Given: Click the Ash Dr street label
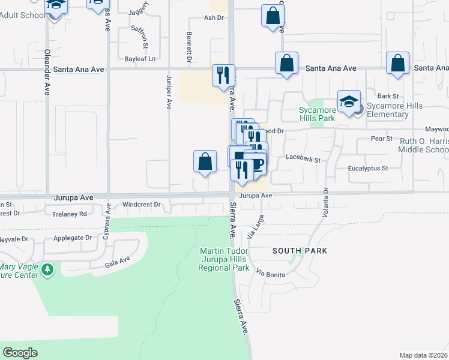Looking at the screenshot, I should click(x=213, y=18).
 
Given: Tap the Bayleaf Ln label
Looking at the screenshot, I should click(x=140, y=59).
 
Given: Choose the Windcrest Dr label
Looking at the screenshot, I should click(x=141, y=205).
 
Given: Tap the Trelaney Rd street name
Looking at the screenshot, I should click(x=70, y=214).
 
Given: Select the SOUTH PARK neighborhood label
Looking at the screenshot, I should click(x=300, y=251).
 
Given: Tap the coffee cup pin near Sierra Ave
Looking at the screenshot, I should click(x=256, y=165).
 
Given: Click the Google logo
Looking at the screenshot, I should click(x=20, y=353).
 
